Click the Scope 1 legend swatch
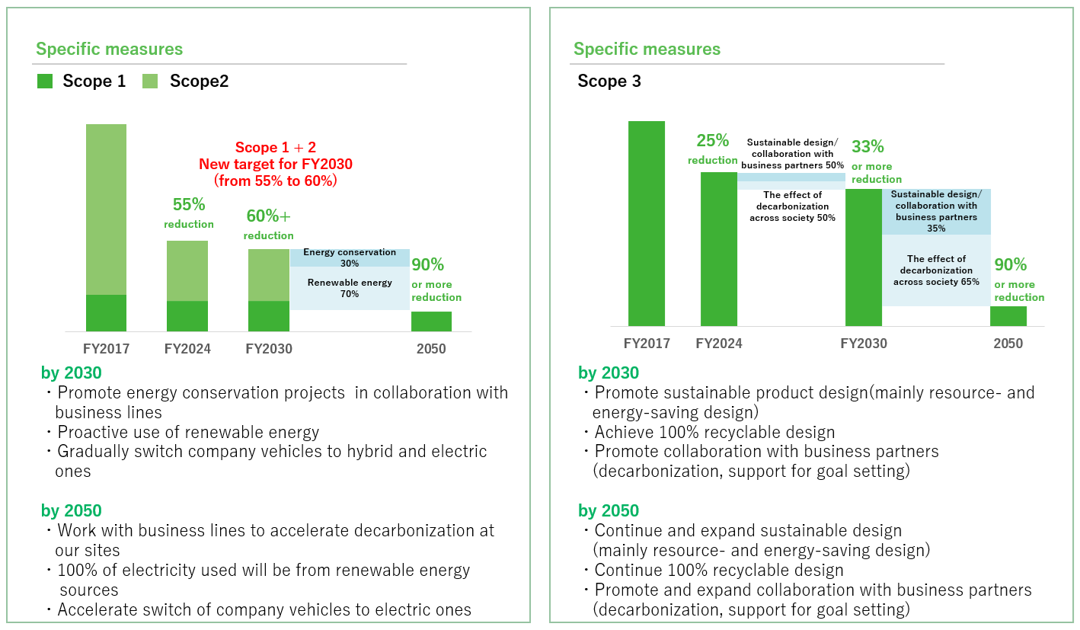45,82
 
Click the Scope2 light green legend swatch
150,82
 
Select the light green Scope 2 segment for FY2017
106,209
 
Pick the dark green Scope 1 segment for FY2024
187,316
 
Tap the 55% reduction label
189,213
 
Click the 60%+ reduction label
269,224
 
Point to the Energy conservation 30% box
350,257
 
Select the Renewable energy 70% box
350,288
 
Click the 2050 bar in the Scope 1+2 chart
431,321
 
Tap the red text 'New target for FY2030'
275,164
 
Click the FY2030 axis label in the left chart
269,350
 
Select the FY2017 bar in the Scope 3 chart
646,223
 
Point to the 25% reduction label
713,149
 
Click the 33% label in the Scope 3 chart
868,146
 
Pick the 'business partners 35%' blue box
936,212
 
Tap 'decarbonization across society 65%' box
936,270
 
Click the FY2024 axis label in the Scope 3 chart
718,344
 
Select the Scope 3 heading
609,82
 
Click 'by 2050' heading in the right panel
609,510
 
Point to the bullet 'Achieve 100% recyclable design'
714,433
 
